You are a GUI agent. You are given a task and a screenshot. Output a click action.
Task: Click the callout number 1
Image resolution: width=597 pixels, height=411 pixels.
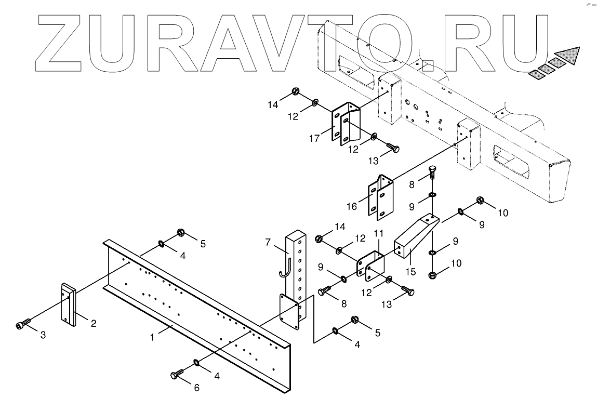152,338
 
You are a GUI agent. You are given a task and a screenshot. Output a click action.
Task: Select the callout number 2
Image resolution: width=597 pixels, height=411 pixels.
94,324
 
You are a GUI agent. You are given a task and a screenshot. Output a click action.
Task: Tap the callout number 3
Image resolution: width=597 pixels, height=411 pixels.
43,336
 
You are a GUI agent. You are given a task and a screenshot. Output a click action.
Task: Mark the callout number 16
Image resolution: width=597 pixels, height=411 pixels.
352,206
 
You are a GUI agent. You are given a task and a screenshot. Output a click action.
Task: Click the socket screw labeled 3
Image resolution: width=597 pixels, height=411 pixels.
21,326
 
